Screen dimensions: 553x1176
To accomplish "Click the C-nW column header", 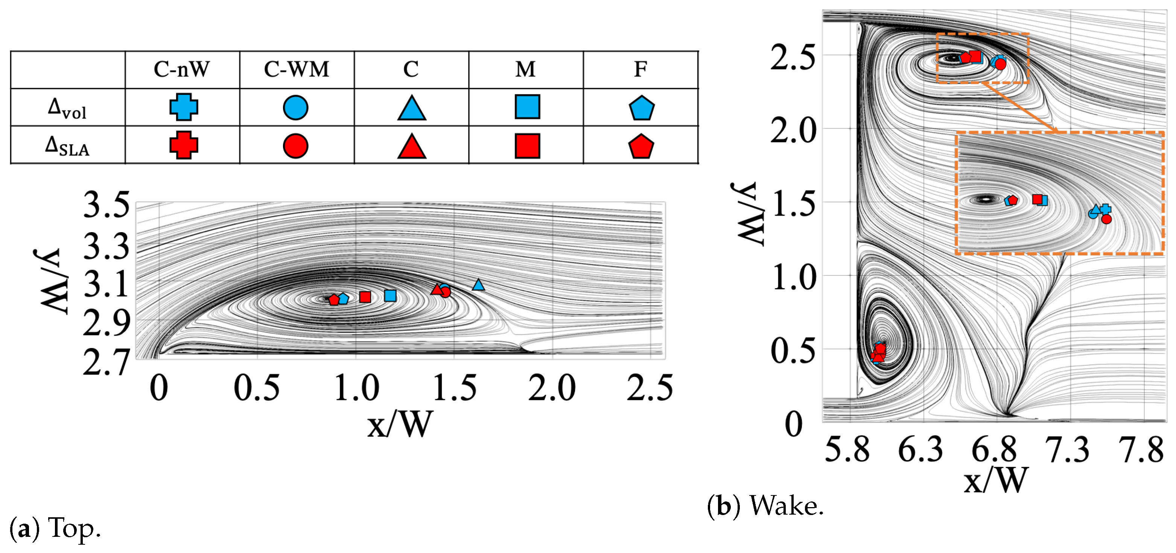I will pyautogui.click(x=182, y=69).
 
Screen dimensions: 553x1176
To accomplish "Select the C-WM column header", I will pyautogui.click(x=296, y=69).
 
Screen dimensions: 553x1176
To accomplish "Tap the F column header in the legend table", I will pyautogui.click(x=640, y=69).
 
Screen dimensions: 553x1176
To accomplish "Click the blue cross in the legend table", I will pyautogui.click(x=184, y=107).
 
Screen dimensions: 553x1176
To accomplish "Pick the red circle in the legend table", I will pyautogui.click(x=295, y=146).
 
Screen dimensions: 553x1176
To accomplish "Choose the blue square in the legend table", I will pyautogui.click(x=527, y=107).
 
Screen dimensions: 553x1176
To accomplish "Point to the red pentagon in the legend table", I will pyautogui.click(x=641, y=146).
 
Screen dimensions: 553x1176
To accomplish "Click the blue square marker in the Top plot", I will pyautogui.click(x=390, y=296).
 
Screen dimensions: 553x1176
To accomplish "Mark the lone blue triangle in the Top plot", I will pyautogui.click(x=478, y=285).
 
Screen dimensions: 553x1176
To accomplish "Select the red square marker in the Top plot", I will pyautogui.click(x=365, y=297).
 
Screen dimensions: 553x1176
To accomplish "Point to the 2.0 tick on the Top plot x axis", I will pyautogui.click(x=551, y=388).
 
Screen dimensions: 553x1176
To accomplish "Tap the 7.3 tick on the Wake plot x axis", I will pyautogui.click(x=1067, y=450).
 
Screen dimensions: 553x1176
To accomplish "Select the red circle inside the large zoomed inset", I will pyautogui.click(x=1106, y=219).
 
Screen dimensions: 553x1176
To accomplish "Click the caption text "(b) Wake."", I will pyautogui.click(x=765, y=506).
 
